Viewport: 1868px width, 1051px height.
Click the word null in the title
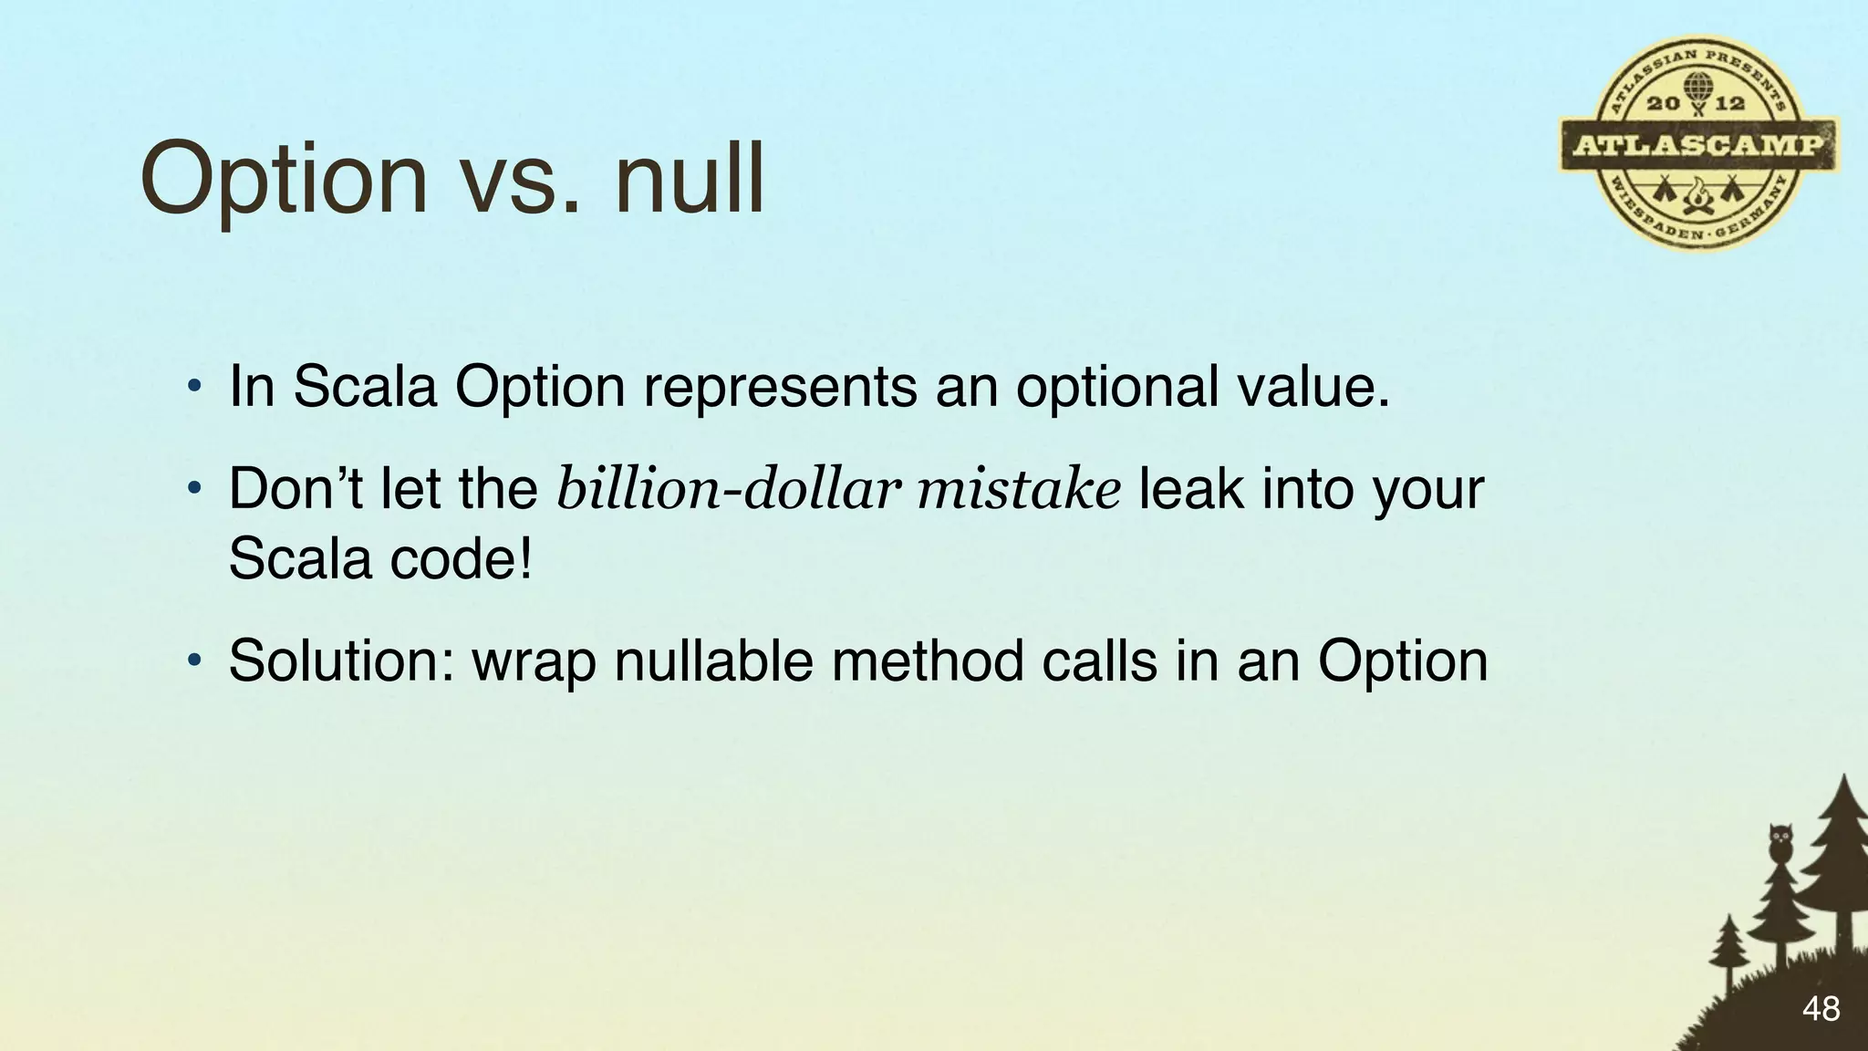pyautogui.click(x=690, y=177)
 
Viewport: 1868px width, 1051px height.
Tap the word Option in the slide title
pyautogui.click(x=284, y=179)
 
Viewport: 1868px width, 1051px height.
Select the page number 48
pyautogui.click(x=1821, y=1009)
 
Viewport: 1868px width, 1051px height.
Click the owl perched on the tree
pyautogui.click(x=1779, y=844)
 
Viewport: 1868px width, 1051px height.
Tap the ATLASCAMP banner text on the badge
pyautogui.click(x=1698, y=145)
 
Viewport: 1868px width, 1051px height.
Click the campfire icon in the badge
pyautogui.click(x=1698, y=194)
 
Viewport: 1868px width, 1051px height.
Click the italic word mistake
pyautogui.click(x=1019, y=490)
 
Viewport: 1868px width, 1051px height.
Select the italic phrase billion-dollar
pyautogui.click(x=728, y=490)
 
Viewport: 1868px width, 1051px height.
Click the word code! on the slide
pyautogui.click(x=461, y=558)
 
